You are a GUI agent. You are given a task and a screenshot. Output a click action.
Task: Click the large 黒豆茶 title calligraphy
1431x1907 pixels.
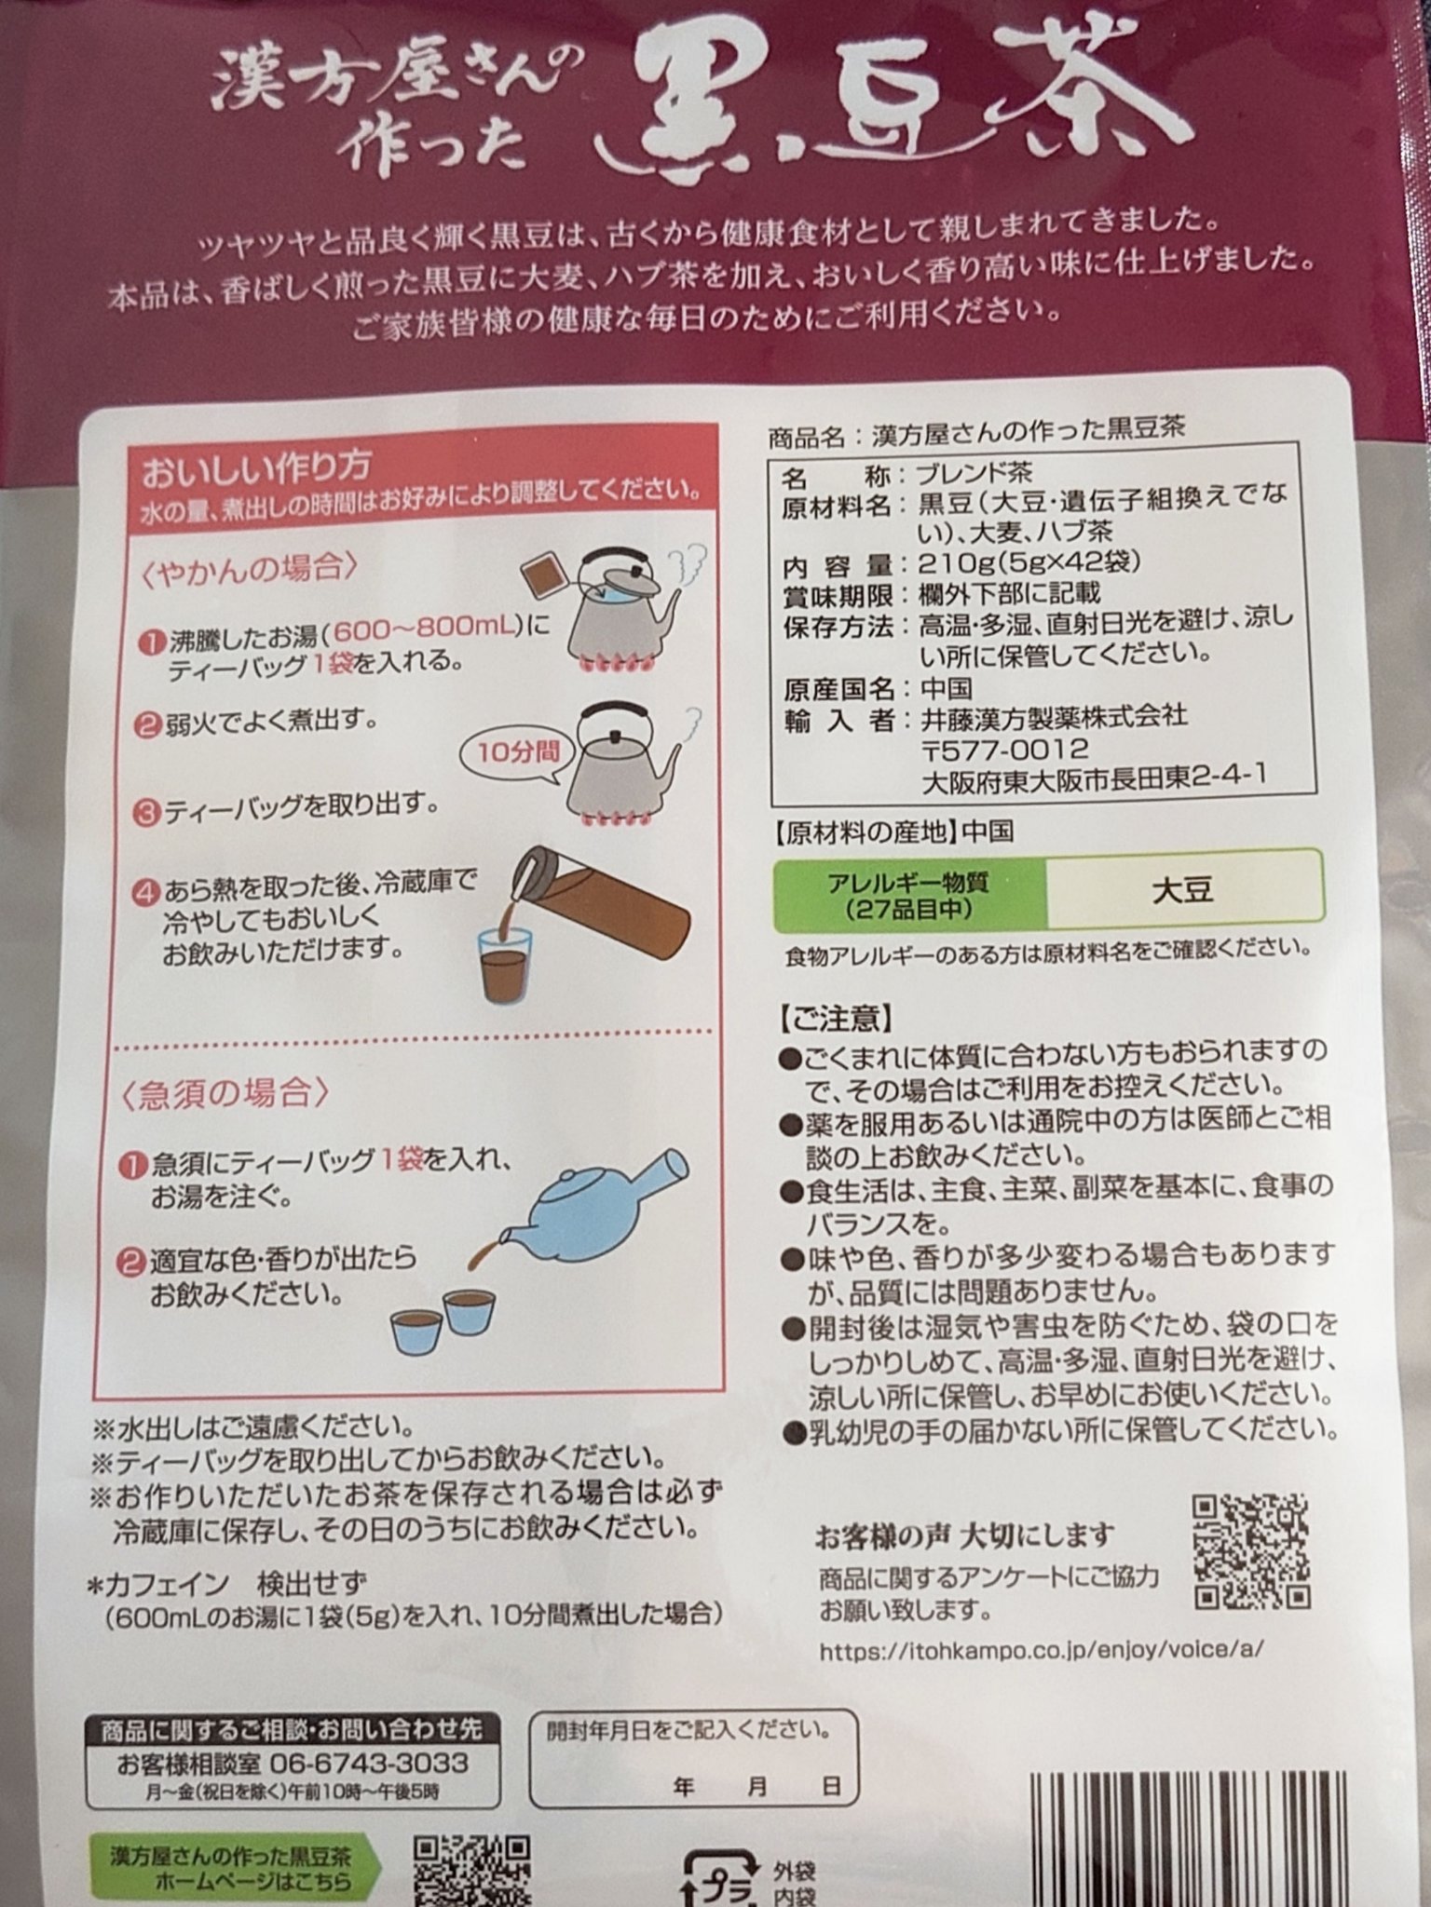click(x=894, y=102)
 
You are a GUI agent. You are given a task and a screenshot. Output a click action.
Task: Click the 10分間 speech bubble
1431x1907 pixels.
click(x=518, y=750)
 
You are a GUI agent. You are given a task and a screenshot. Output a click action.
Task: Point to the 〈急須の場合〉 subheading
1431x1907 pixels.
click(x=225, y=1093)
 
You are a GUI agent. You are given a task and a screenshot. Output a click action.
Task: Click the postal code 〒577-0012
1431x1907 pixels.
click(x=1004, y=750)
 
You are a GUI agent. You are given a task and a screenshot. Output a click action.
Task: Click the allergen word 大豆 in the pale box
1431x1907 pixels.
click(x=1182, y=891)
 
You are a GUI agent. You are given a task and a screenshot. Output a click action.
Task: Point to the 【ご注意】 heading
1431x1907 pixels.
click(x=836, y=1018)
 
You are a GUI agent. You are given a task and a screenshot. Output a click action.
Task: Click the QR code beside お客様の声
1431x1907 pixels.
click(x=1252, y=1552)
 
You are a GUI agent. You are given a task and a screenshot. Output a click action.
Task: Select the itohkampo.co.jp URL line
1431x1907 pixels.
click(x=1041, y=1650)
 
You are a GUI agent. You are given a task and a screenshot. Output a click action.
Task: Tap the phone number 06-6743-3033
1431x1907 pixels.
click(x=369, y=1764)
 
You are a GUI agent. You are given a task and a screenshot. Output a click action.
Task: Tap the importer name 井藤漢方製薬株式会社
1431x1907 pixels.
click(x=1054, y=717)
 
